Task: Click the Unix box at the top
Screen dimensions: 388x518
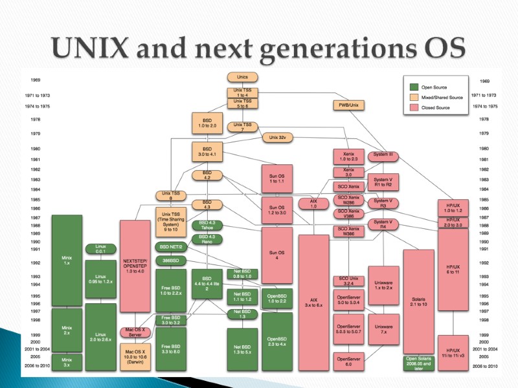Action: (x=243, y=76)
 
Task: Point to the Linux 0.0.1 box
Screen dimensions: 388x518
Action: (x=100, y=249)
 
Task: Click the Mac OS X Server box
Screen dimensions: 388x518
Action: (x=135, y=332)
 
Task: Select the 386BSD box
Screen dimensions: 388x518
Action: (x=171, y=260)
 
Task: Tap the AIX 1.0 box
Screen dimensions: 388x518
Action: (x=314, y=203)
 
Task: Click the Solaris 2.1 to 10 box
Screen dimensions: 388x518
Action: (x=418, y=302)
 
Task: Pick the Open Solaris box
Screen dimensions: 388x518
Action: (x=418, y=363)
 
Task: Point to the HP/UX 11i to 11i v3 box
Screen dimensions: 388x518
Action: (x=453, y=352)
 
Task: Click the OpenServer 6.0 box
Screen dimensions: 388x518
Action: (x=348, y=361)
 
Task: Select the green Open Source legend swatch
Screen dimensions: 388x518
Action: (x=413, y=87)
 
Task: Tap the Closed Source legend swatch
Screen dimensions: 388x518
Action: (x=413, y=107)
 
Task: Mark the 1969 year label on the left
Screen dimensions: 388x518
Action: (x=36, y=81)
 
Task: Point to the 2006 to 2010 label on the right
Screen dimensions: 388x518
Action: (x=484, y=366)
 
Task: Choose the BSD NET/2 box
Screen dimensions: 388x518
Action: (x=171, y=247)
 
